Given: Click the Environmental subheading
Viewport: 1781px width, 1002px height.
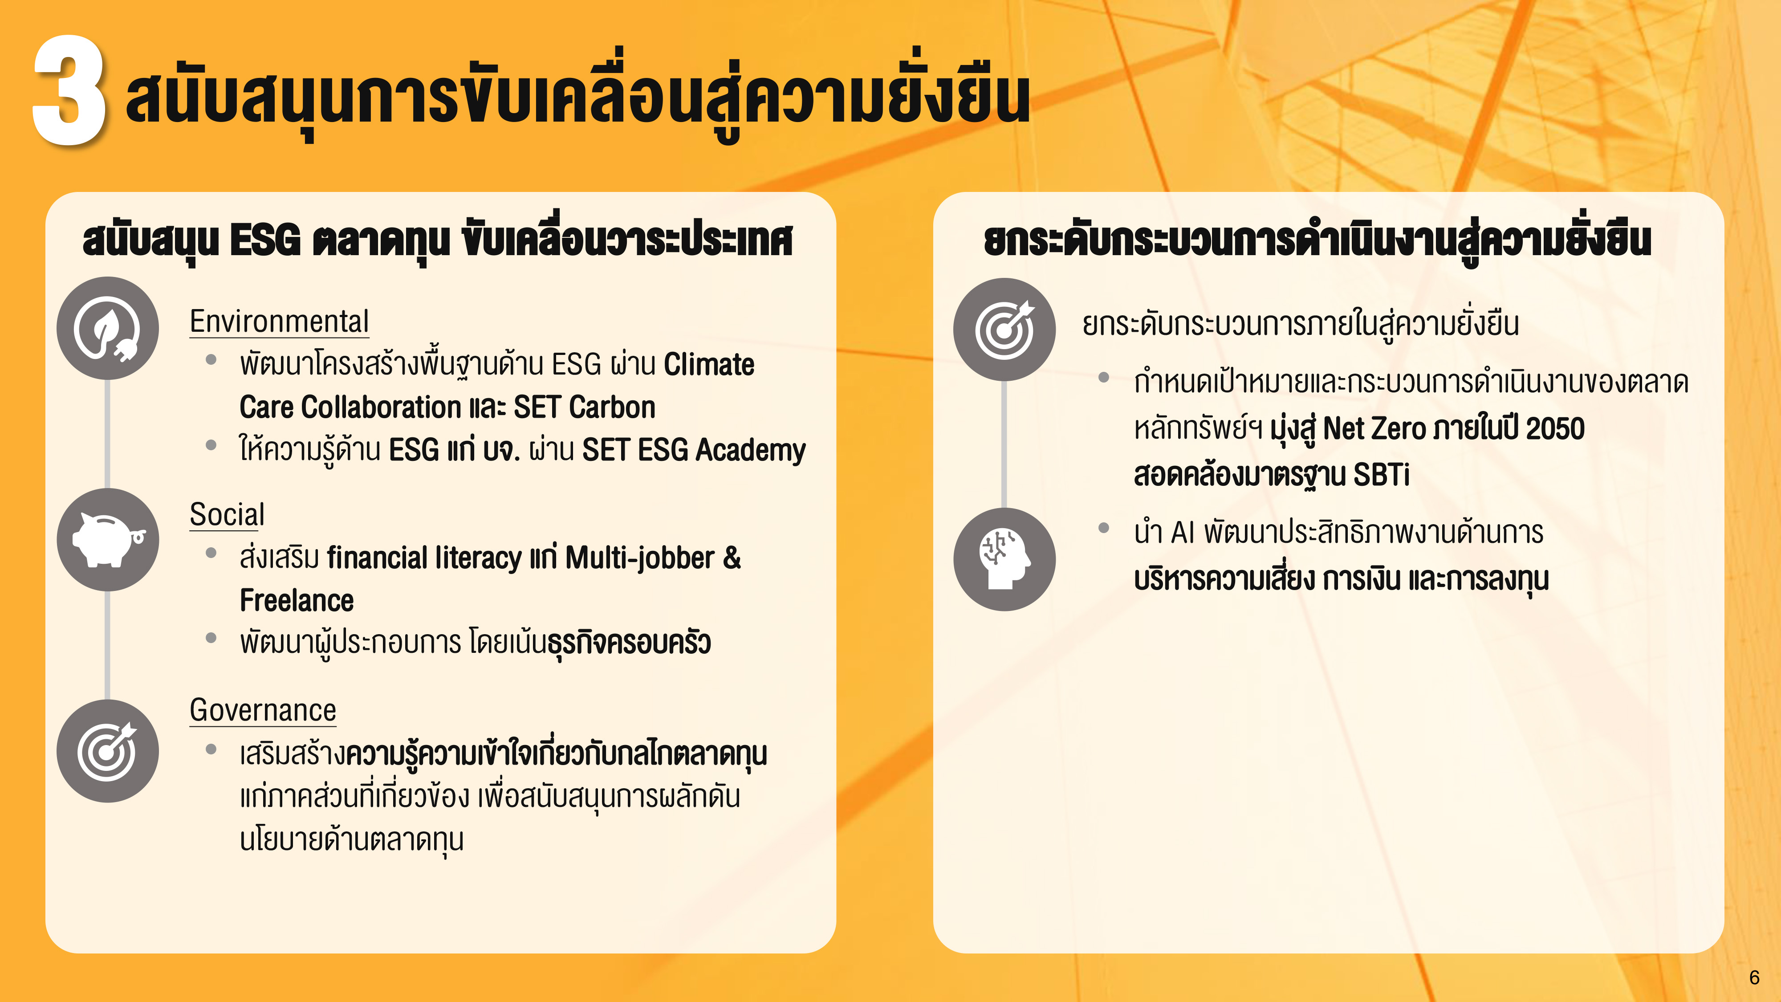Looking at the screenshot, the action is [279, 322].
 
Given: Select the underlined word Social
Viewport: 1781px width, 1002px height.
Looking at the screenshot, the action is [227, 514].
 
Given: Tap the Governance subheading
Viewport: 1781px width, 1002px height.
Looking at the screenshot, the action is [263, 710].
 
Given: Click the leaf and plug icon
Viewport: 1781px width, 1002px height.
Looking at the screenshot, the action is [108, 329].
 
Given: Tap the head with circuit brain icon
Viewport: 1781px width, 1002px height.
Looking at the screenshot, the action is [1004, 559].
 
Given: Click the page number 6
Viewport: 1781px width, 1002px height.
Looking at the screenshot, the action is [1754, 977].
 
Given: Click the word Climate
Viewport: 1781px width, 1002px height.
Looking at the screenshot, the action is [709, 364].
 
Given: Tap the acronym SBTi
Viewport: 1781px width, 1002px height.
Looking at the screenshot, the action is [1381, 474].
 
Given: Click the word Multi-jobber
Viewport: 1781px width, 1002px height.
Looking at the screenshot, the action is [639, 558].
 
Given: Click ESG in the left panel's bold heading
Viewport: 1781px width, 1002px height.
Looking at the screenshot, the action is [265, 240].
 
